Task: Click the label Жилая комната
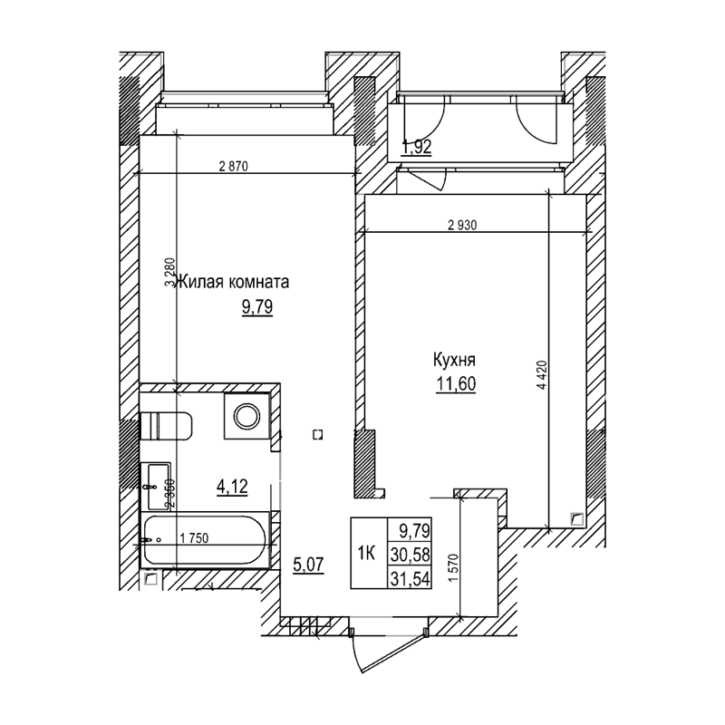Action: [234, 282]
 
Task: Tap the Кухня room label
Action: [455, 360]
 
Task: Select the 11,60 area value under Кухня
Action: [456, 382]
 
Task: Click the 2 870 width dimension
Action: [233, 166]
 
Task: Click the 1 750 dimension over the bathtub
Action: [195, 538]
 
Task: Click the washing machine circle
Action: [246, 416]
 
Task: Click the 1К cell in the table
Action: [368, 552]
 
